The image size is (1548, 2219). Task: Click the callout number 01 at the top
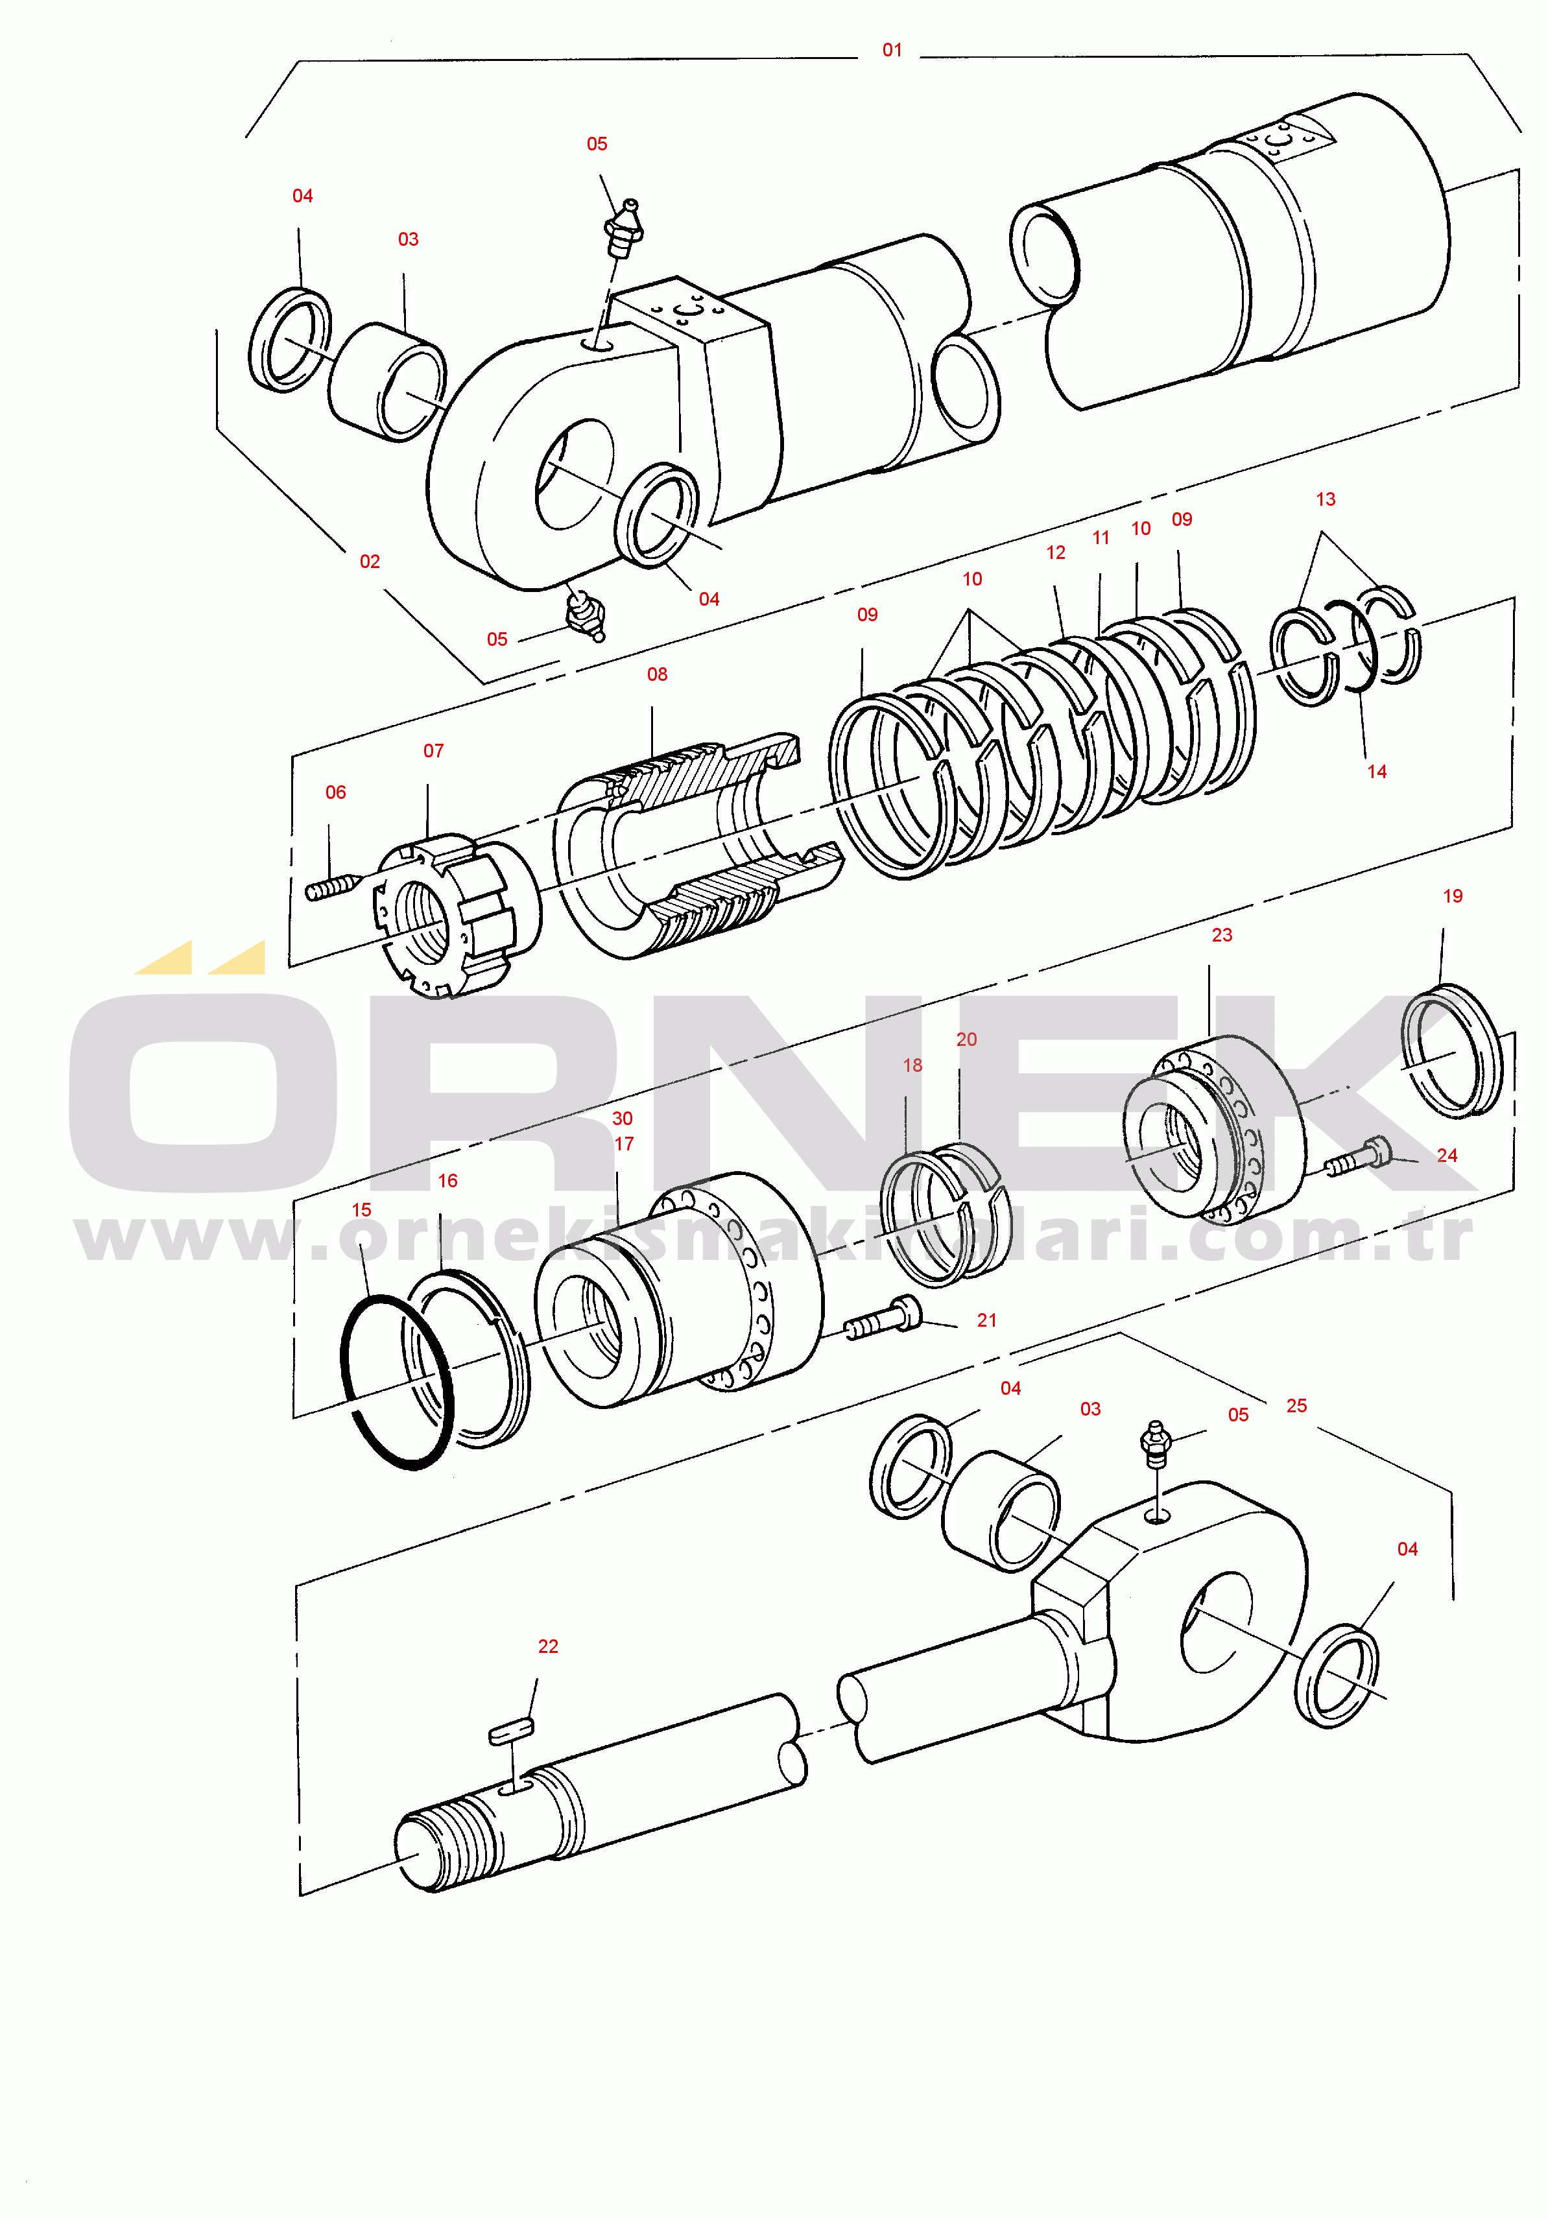(x=892, y=51)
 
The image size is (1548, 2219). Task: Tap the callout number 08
(x=657, y=674)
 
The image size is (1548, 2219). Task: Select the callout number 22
(x=548, y=1647)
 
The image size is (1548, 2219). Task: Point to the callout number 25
(x=1297, y=1406)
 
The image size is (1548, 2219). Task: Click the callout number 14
(x=1377, y=772)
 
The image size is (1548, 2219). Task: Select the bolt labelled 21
(x=882, y=1319)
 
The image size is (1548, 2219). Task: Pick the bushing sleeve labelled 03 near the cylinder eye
(x=387, y=383)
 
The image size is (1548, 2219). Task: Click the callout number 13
(x=1326, y=500)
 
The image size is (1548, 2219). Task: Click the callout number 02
(x=370, y=562)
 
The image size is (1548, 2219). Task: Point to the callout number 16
(x=447, y=1181)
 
